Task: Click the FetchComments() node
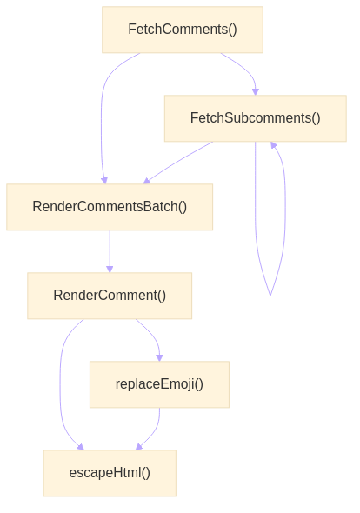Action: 182,30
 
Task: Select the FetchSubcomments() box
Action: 255,118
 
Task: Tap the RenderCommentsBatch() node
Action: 110,207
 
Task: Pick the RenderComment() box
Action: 110,296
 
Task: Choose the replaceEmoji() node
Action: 159,384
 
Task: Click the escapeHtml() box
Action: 110,473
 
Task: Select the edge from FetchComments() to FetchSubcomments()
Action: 243,70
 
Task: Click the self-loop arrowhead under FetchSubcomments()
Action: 274,146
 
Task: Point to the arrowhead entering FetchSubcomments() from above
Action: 255,90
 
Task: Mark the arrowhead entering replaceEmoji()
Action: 159,356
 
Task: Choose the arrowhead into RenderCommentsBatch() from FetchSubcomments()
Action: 146,181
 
